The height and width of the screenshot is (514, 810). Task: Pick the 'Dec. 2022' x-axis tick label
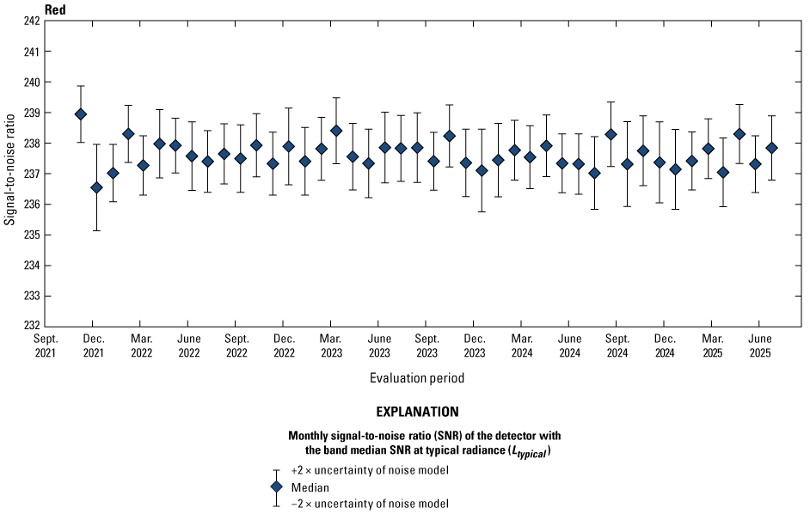(284, 346)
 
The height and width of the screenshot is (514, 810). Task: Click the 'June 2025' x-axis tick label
(758, 346)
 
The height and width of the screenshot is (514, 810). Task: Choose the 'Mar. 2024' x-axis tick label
(521, 346)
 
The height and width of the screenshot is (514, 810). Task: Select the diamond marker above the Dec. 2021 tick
(96, 187)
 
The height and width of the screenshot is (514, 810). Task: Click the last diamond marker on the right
(771, 148)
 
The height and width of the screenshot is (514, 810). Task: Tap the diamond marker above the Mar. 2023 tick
(336, 131)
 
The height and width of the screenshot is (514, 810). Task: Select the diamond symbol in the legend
(276, 486)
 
